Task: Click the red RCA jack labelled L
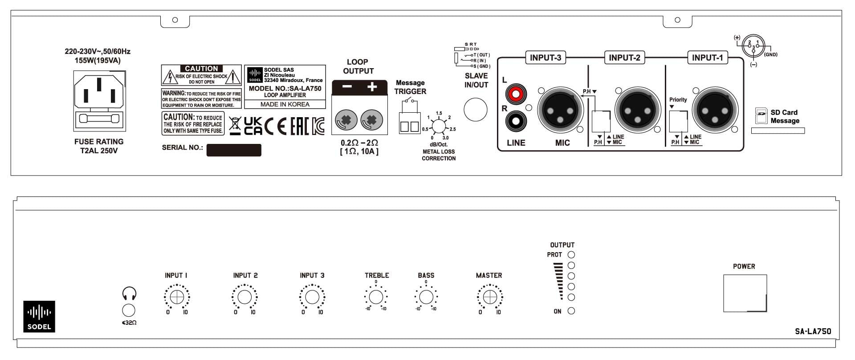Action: [x=516, y=94]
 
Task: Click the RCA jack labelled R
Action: [x=516, y=120]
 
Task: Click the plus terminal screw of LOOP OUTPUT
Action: [x=372, y=120]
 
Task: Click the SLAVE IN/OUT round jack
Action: [x=476, y=110]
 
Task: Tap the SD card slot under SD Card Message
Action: [x=778, y=131]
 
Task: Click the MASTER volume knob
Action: [x=489, y=297]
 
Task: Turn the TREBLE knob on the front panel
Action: [x=376, y=297]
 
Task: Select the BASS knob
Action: [x=426, y=297]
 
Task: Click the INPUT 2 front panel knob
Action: [x=244, y=297]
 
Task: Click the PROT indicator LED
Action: [x=571, y=255]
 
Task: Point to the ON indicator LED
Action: [x=571, y=311]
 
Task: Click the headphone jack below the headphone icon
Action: [x=129, y=310]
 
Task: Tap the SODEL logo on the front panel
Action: [x=39, y=316]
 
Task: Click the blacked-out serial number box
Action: [x=234, y=150]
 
